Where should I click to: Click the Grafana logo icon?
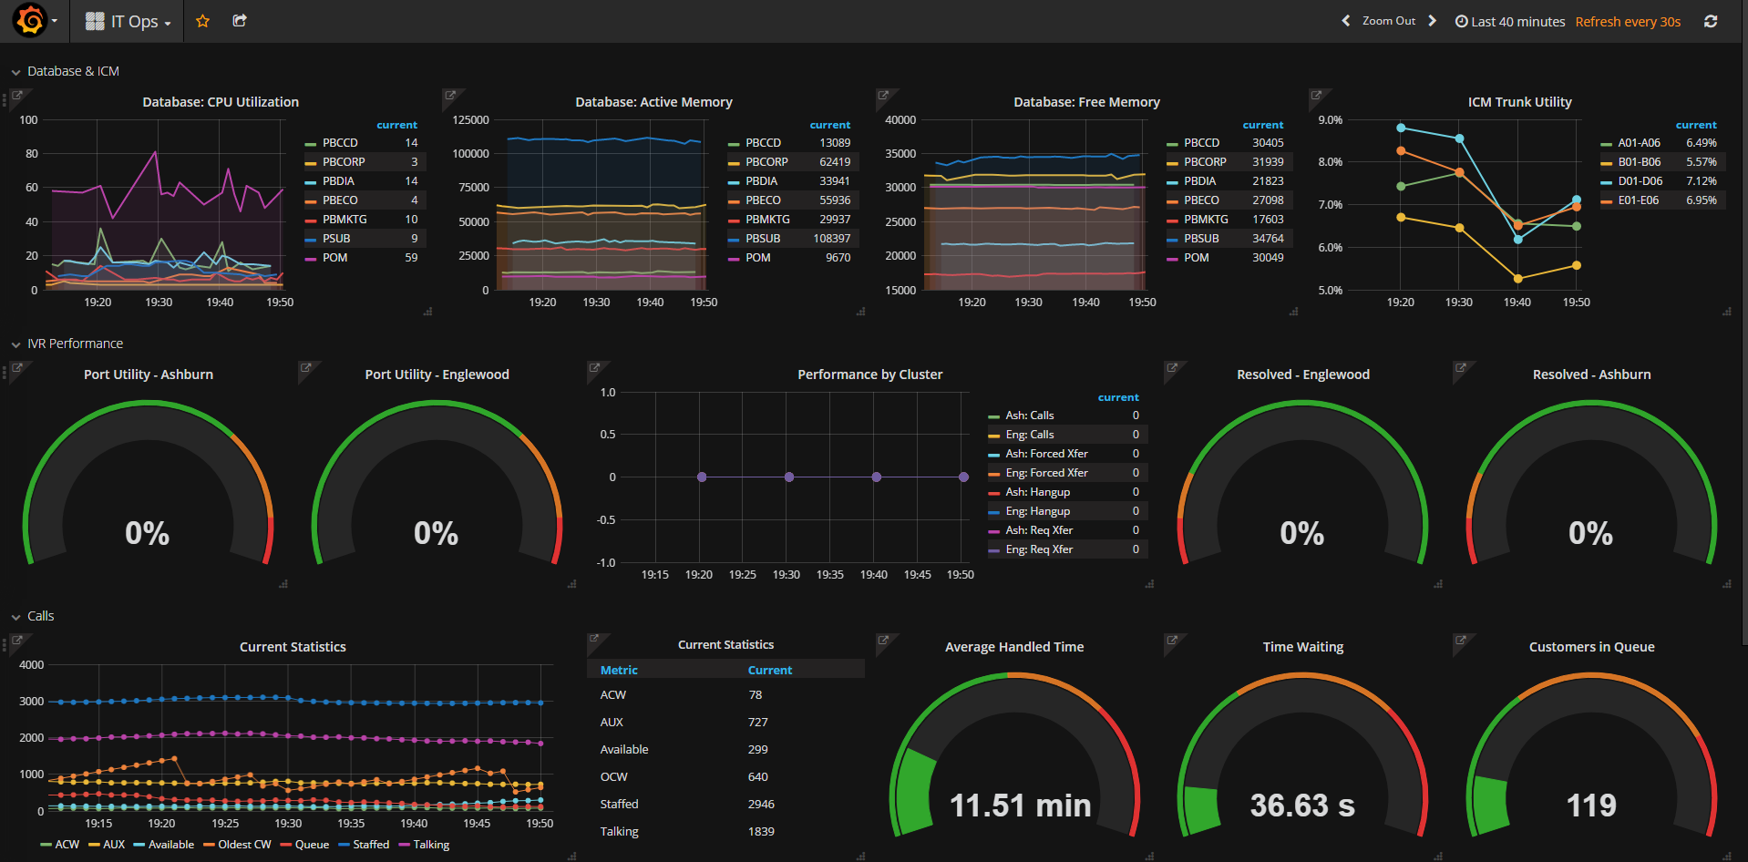[30, 20]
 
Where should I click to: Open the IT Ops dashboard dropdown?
[129, 22]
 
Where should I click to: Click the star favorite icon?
[202, 21]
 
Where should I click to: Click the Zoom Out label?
[1389, 21]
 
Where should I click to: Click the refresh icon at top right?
[1711, 21]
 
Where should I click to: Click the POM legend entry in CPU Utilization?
[334, 258]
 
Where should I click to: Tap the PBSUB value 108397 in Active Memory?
[831, 239]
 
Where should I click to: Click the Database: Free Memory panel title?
[1086, 102]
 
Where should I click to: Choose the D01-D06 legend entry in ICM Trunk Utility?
[1640, 181]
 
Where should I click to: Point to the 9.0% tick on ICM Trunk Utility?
[1330, 120]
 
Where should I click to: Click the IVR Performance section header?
[75, 344]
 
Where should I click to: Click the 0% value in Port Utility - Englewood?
[436, 533]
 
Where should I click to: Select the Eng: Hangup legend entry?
[1037, 511]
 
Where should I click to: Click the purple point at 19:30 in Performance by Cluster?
[789, 477]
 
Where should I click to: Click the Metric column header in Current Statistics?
[619, 670]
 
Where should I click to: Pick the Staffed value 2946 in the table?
[761, 804]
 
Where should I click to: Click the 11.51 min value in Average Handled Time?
[1020, 806]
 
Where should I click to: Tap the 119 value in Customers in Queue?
[1591, 806]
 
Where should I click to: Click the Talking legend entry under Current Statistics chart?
[430, 845]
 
